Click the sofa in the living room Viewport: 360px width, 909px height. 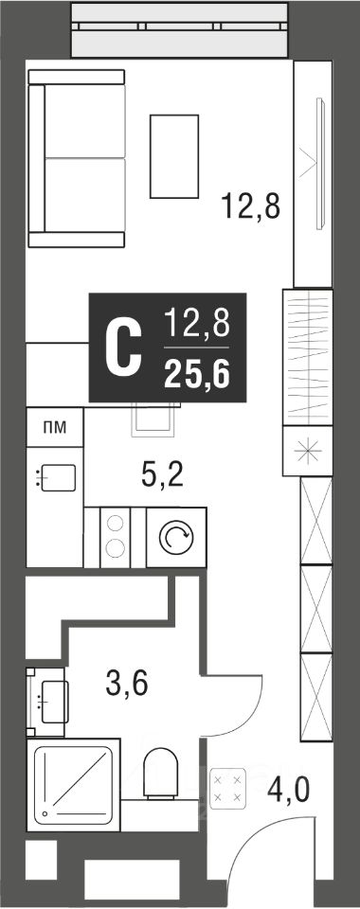pos(77,158)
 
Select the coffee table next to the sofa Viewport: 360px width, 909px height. pos(174,156)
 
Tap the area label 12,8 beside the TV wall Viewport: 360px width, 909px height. pos(250,205)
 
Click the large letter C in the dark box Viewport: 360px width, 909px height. pos(123,348)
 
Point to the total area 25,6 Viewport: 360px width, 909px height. pos(196,375)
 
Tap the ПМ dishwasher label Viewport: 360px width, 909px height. pos(55,428)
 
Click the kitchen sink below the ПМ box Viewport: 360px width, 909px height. pos(56,477)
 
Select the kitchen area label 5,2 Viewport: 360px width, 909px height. pos(162,476)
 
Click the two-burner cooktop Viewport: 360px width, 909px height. pos(115,538)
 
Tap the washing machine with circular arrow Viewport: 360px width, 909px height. pos(176,538)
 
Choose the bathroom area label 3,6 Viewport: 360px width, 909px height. pos(127,683)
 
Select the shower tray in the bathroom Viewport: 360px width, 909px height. pos(73,785)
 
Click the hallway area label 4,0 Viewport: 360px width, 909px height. pos(289,789)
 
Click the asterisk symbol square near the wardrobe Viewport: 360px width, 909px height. pos(308,451)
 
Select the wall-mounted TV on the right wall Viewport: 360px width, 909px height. pos(319,164)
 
